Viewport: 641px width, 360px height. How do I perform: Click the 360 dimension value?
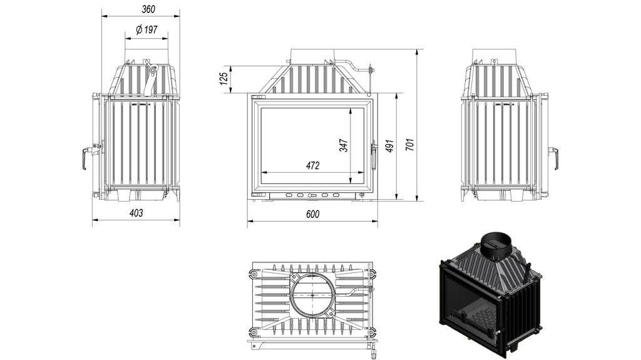[x=148, y=9]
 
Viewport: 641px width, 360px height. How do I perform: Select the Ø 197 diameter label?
[x=146, y=29]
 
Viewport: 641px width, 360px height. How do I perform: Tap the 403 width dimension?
[x=136, y=213]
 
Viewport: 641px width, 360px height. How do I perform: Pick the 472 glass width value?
[x=313, y=166]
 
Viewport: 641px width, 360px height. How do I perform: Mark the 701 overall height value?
[x=409, y=144]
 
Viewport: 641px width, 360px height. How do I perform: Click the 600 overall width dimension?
[x=313, y=214]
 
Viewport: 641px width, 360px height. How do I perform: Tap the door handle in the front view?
[x=374, y=156]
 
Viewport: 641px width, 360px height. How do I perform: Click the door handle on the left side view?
[x=86, y=158]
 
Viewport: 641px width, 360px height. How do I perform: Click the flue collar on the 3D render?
[x=498, y=245]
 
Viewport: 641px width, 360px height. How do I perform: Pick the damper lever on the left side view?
[x=150, y=78]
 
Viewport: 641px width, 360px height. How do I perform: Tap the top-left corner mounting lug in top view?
[x=254, y=274]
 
